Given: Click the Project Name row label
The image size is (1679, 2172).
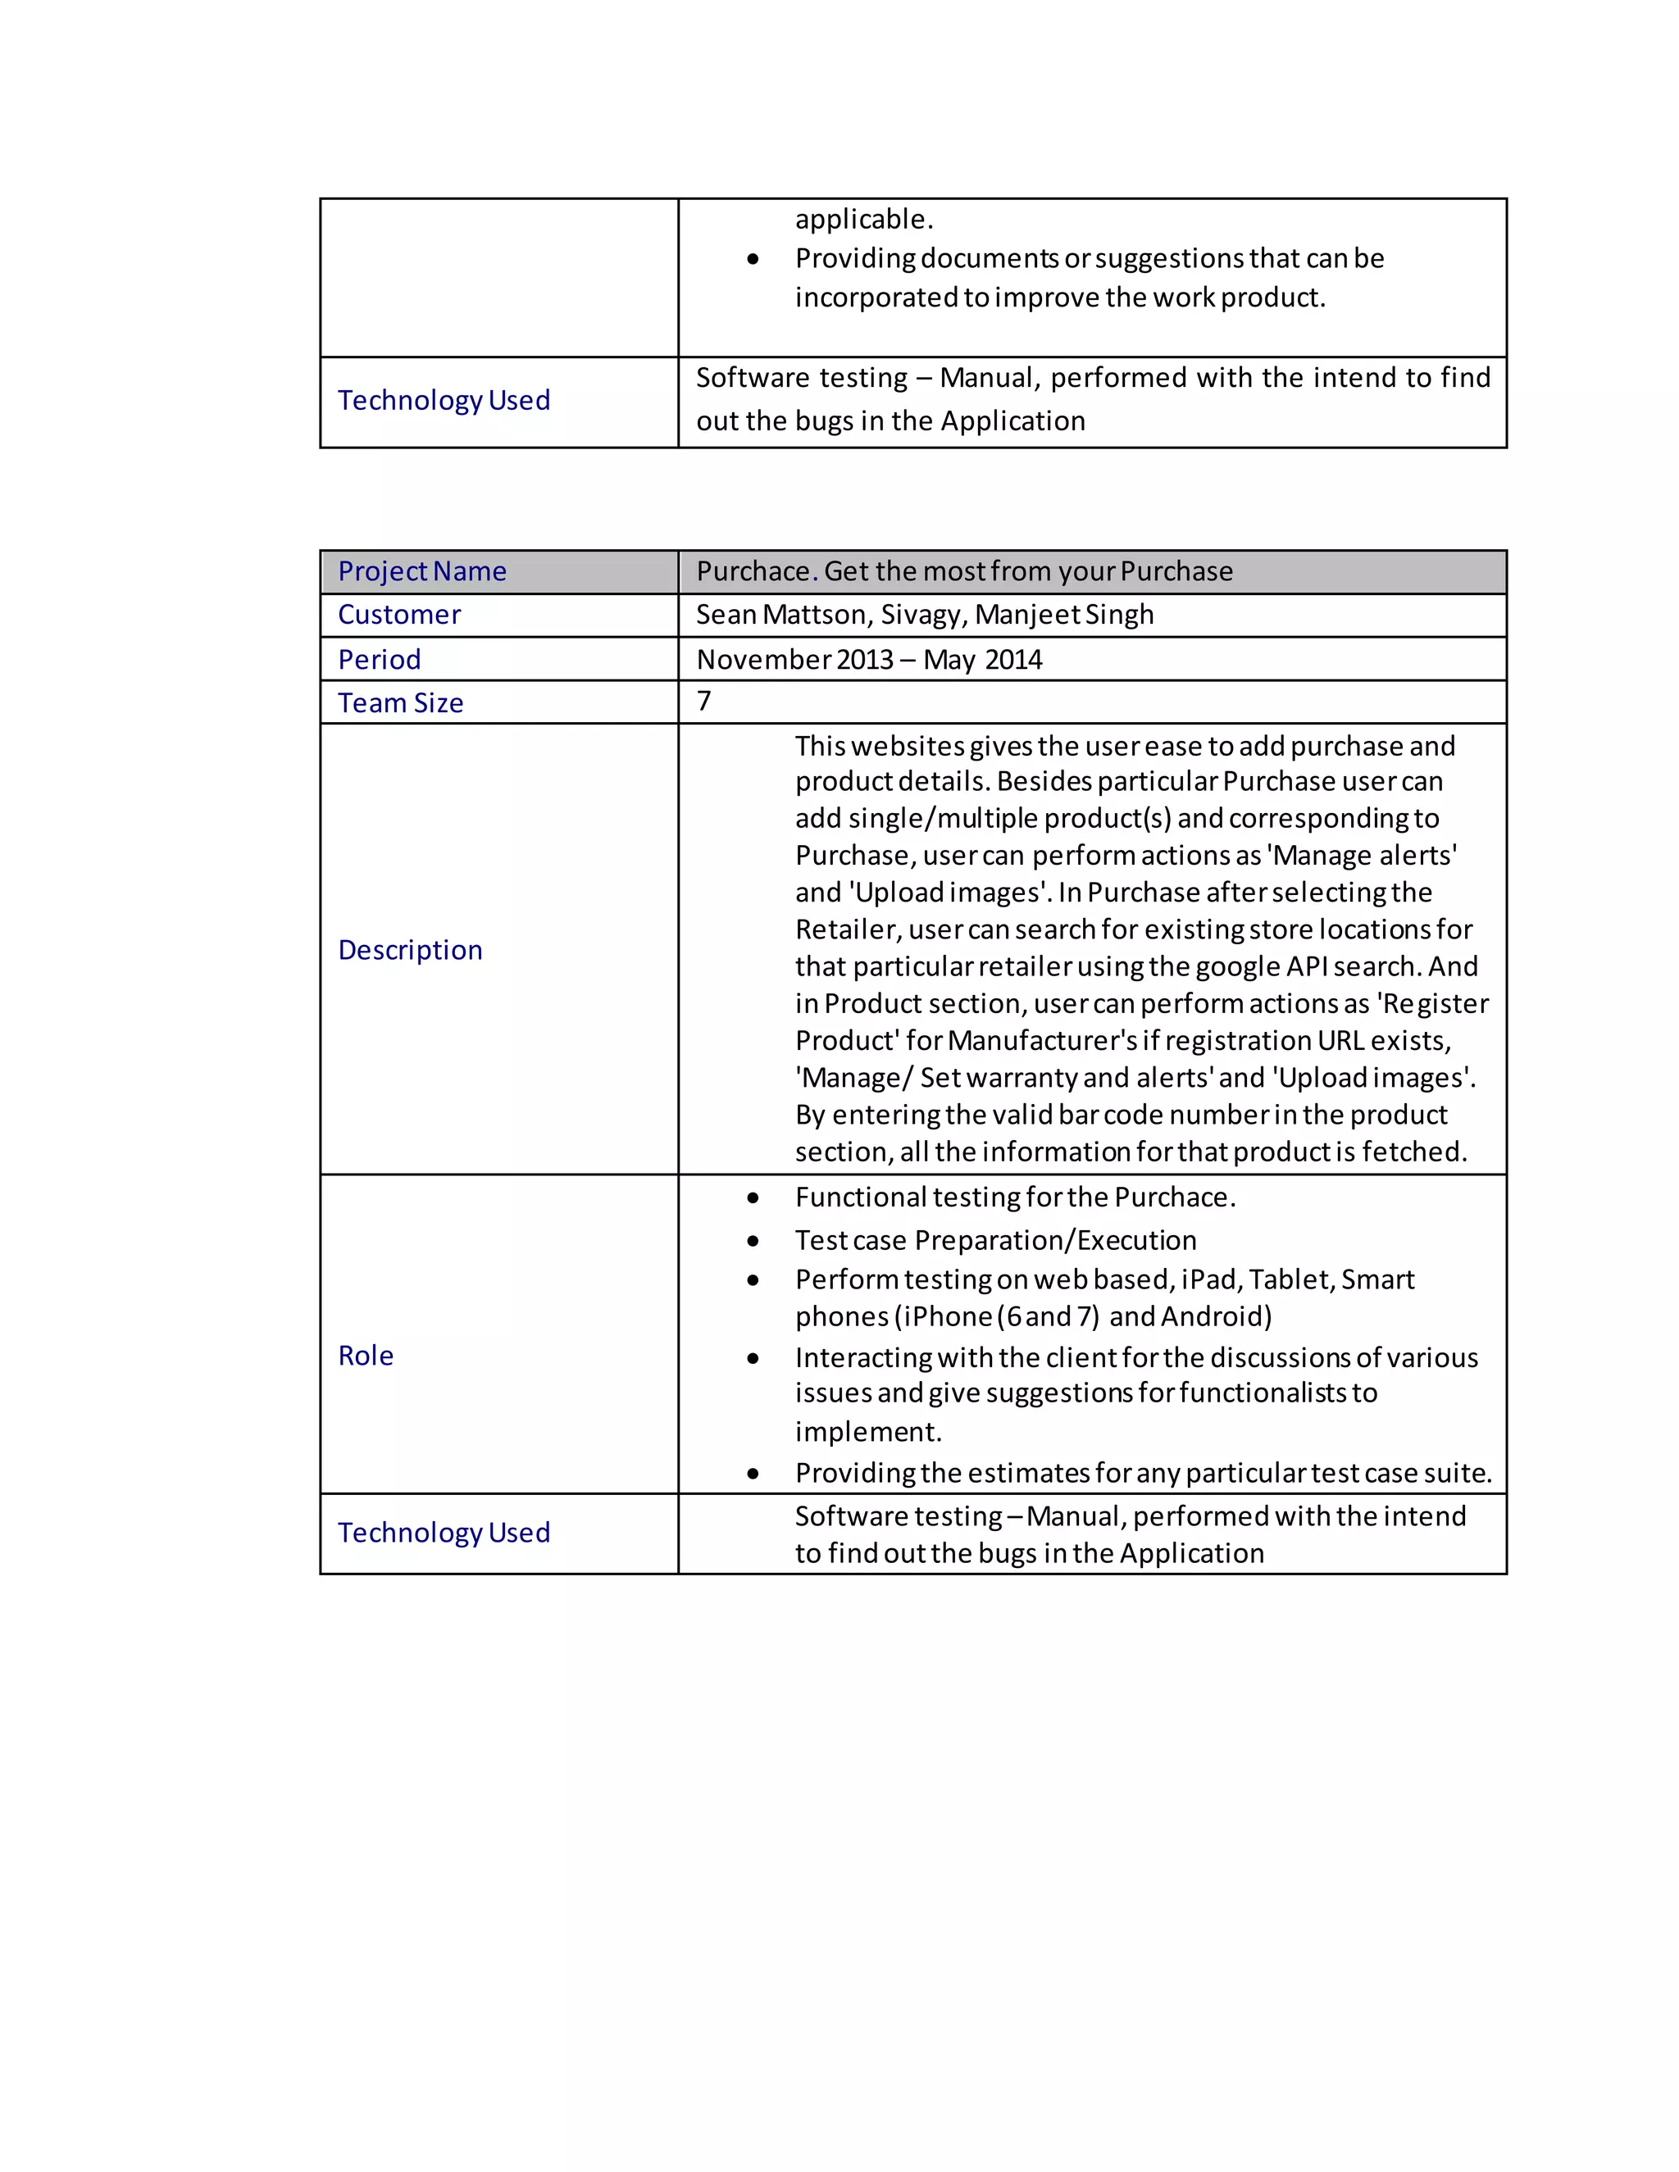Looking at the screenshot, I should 421,572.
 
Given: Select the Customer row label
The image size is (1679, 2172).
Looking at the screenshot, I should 399,616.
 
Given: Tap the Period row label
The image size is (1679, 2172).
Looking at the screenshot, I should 379,661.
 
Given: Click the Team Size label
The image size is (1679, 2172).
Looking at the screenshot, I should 400,703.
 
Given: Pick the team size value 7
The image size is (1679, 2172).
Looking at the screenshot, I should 704,701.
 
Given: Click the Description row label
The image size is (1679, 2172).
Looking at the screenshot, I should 410,951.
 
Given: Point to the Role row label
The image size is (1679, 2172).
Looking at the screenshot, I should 365,1356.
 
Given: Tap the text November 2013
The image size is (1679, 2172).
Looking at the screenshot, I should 794,661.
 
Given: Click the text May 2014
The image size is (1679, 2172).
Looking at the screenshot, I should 981,661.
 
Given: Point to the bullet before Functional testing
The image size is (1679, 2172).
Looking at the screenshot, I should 753,1198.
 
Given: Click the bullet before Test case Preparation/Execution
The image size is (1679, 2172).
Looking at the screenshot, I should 753,1241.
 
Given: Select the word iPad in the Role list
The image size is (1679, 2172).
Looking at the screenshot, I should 1208,1280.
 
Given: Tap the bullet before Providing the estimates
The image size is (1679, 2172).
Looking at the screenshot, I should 753,1474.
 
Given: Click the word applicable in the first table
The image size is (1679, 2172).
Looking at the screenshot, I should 862,220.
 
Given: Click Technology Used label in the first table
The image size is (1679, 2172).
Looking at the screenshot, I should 444,401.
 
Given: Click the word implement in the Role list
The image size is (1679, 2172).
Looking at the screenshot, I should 867,1433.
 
